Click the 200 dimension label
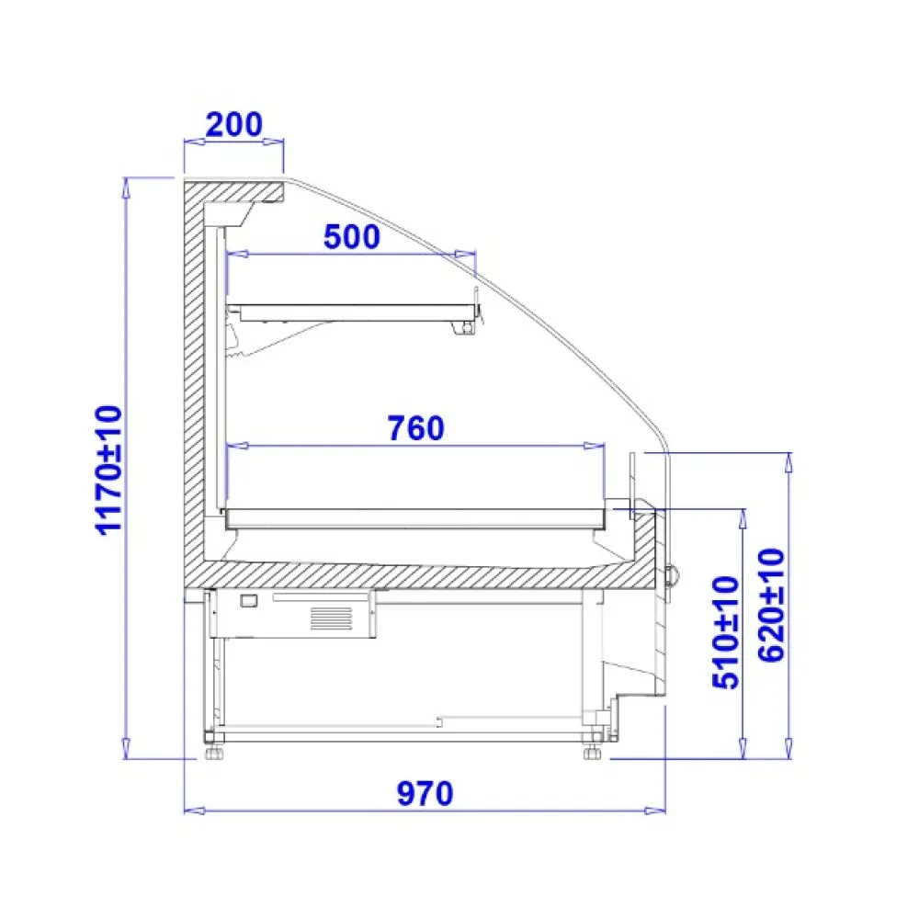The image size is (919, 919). click(233, 124)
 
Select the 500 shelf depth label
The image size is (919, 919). click(352, 237)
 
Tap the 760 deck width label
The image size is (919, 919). click(416, 428)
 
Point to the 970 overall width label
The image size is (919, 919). click(425, 794)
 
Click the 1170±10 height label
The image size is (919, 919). click(109, 470)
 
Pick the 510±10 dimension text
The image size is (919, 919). click(726, 633)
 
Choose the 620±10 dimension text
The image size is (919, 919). click(772, 605)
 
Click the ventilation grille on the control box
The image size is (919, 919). click(331, 618)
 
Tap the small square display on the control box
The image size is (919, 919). click(249, 600)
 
